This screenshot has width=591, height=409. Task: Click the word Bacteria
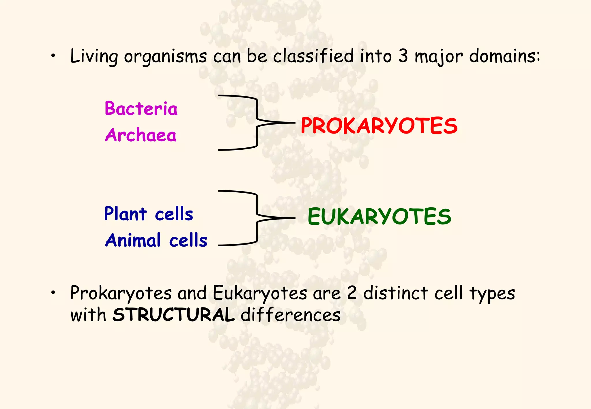point(141,109)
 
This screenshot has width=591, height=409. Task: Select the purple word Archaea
point(141,135)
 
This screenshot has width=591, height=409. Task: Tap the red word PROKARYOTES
point(379,126)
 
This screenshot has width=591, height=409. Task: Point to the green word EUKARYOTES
point(379,217)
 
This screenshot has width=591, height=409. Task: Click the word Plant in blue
point(126,214)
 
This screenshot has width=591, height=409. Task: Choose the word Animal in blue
point(133,240)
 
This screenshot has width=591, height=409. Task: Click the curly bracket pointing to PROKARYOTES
point(257,123)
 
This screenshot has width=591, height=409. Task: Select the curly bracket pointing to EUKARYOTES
point(257,218)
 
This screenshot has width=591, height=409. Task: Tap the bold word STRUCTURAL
point(173,315)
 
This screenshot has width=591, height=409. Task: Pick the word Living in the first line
point(94,56)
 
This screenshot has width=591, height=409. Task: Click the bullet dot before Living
point(53,57)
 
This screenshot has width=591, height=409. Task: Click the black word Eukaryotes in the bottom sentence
point(260,294)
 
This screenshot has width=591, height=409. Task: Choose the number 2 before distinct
point(352,293)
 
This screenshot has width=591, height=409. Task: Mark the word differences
point(290,315)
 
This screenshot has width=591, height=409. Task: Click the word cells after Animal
point(188,240)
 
